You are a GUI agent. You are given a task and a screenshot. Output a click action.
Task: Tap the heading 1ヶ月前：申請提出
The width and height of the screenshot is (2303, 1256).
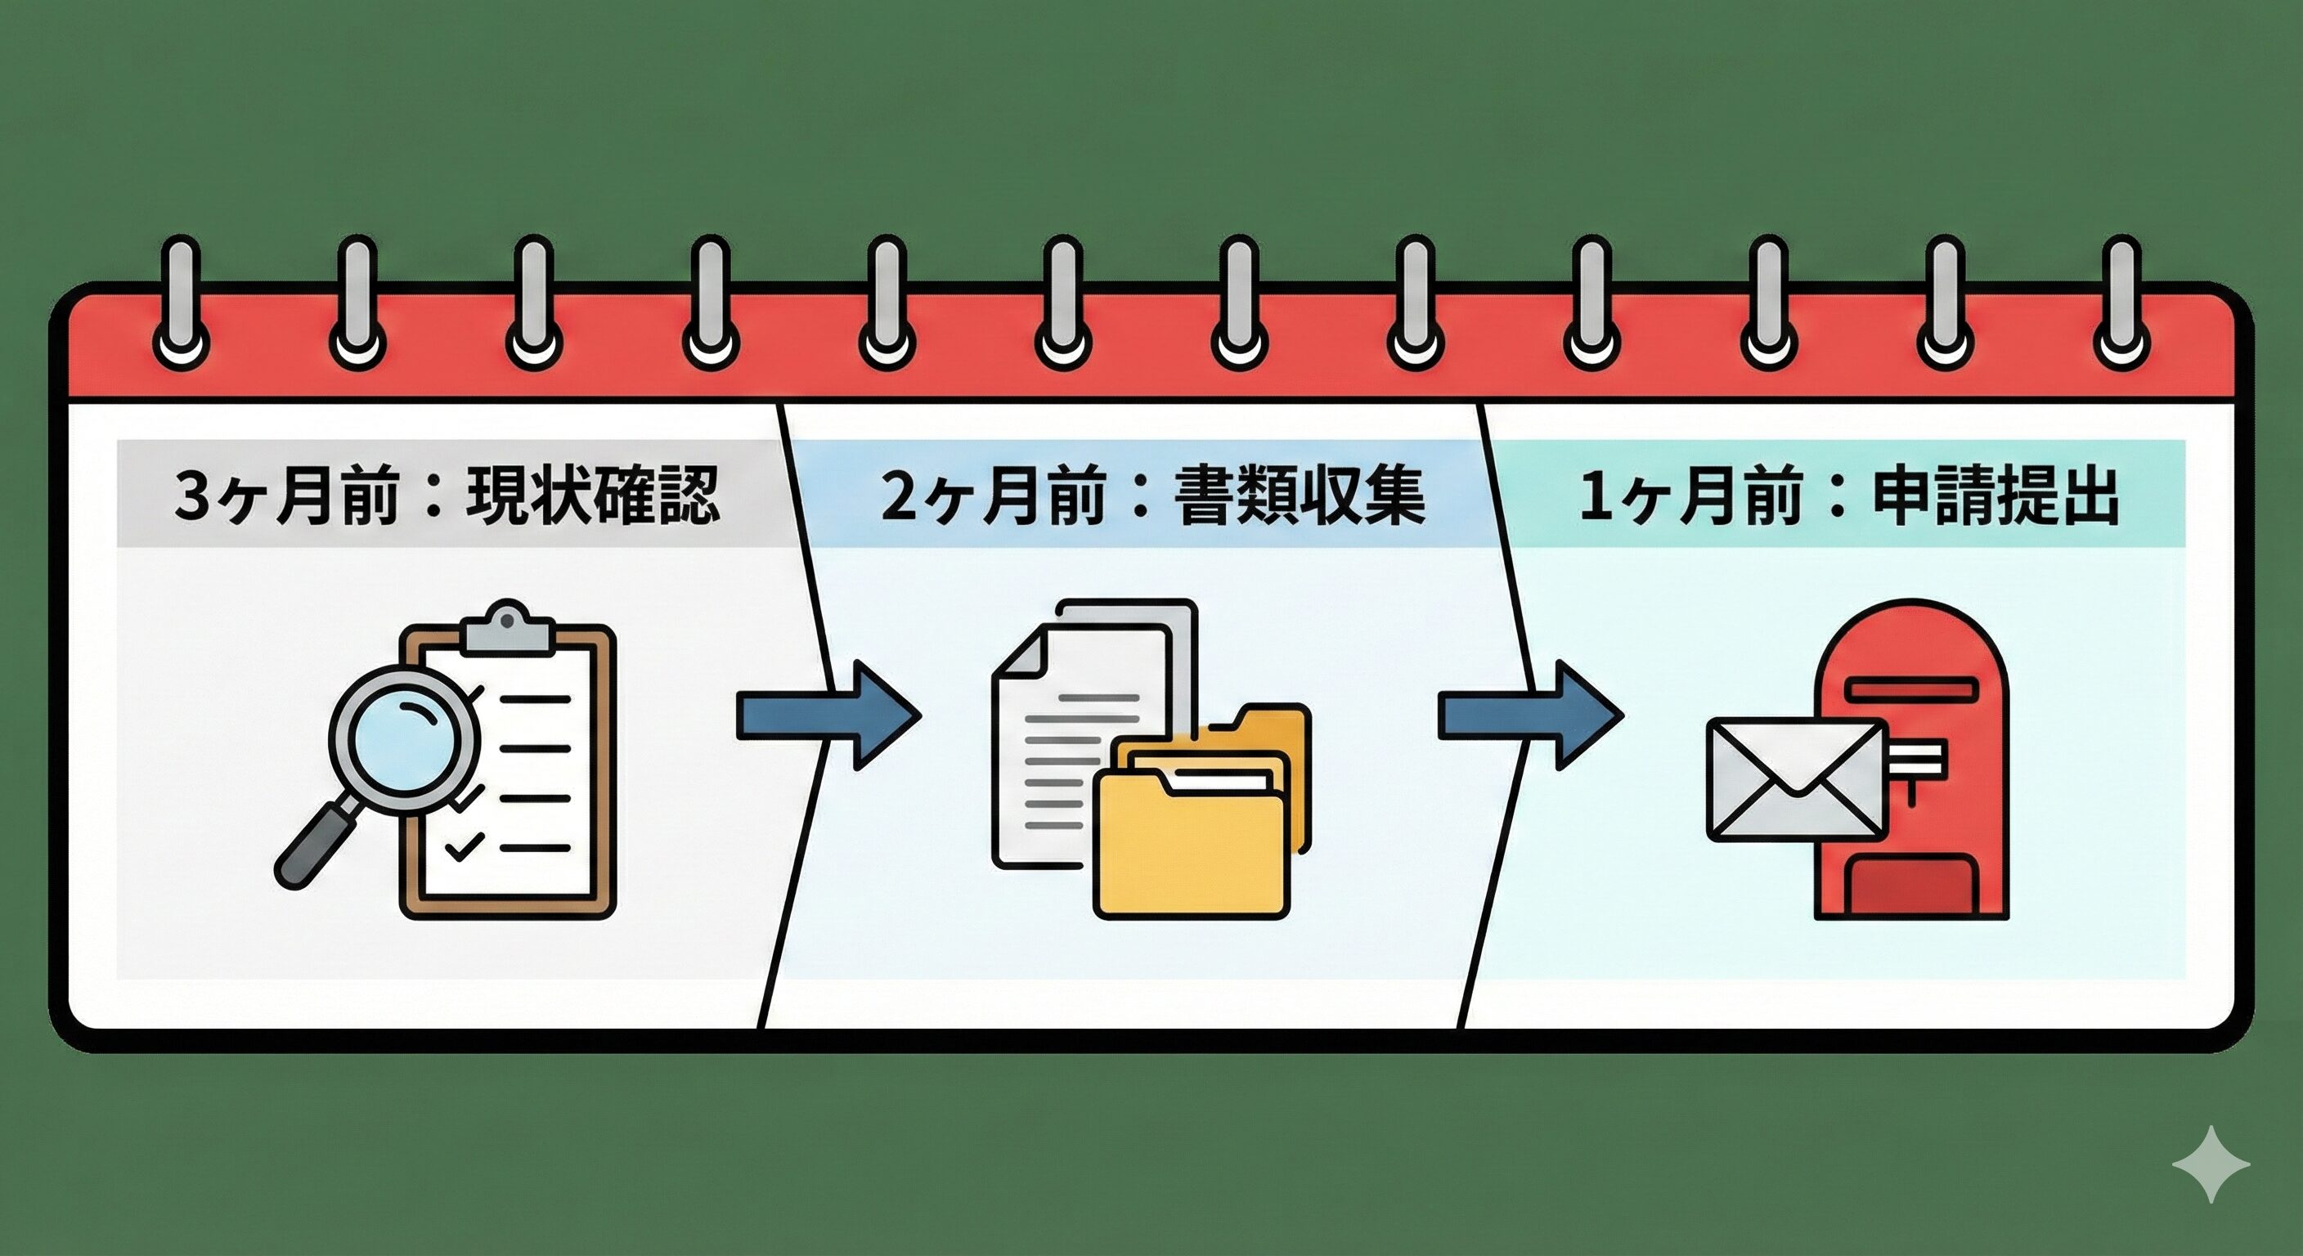pos(1849,496)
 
